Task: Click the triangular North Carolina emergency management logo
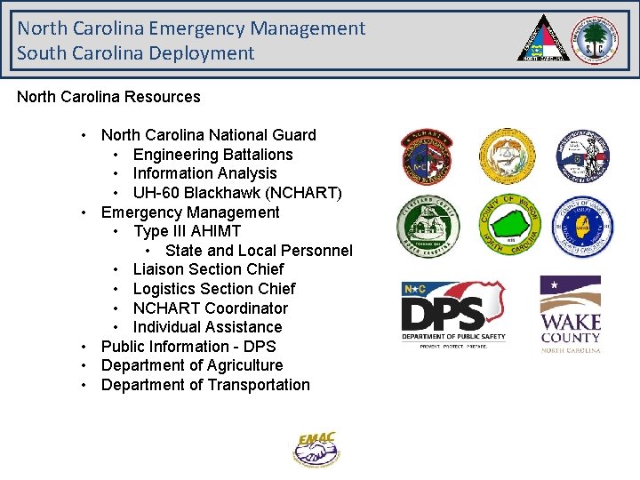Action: [x=545, y=39]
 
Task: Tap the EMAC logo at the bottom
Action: [x=317, y=449]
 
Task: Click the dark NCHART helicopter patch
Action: [x=427, y=156]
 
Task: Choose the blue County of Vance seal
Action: [x=583, y=227]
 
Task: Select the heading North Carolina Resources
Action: [x=108, y=96]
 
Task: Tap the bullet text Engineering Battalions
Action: [x=212, y=155]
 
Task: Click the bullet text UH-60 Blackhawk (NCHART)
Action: [x=237, y=193]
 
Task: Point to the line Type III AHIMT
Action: [x=187, y=231]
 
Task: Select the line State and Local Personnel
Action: [x=259, y=251]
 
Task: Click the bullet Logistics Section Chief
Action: [x=213, y=289]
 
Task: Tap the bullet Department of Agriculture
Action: [x=192, y=365]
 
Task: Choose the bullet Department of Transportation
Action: [x=205, y=385]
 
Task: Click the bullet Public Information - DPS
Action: [x=188, y=347]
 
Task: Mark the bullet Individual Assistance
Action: [x=207, y=327]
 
